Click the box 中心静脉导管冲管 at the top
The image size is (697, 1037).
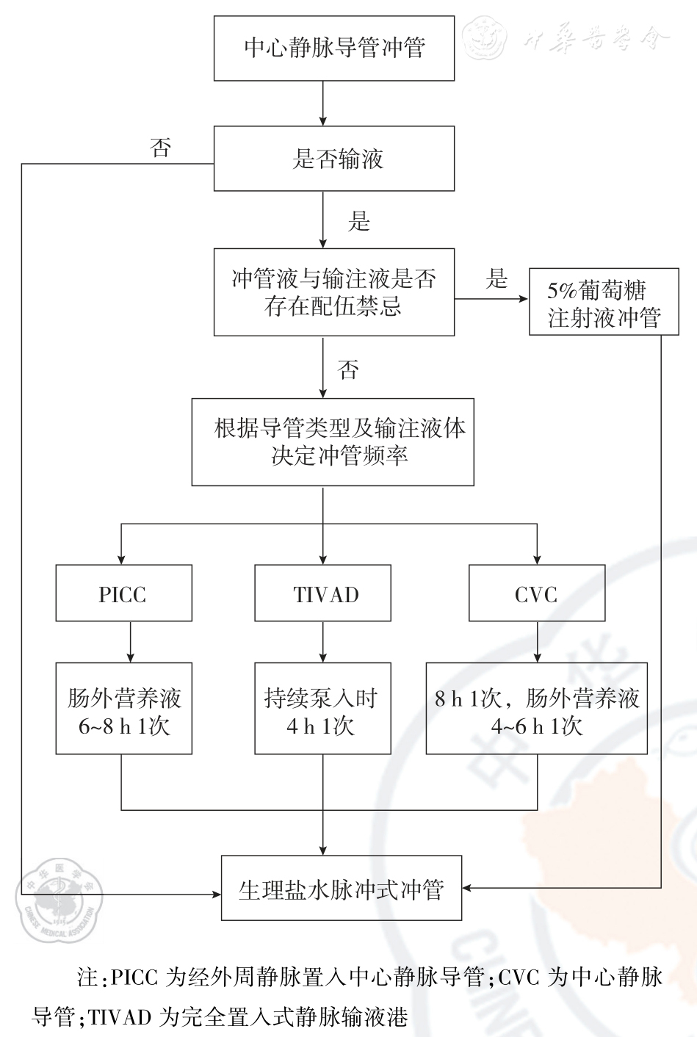[x=334, y=48]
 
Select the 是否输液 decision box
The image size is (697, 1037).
[x=334, y=159]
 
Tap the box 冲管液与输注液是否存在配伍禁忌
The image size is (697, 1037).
[x=334, y=292]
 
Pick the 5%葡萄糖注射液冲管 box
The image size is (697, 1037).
[x=604, y=303]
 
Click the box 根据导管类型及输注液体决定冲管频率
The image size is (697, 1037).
[x=333, y=442]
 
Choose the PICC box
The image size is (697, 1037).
[x=123, y=593]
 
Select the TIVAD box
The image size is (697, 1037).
[x=322, y=593]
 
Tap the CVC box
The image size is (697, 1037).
[x=537, y=593]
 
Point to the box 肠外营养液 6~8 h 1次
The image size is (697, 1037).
[x=123, y=709]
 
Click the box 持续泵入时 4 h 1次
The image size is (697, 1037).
[x=322, y=709]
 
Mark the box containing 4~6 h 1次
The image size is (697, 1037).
[x=537, y=709]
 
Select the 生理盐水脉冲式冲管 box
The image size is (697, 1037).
[x=342, y=888]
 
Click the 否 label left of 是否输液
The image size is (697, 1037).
[x=160, y=149]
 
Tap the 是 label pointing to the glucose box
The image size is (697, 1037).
[x=496, y=279]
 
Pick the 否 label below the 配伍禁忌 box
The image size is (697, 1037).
[x=348, y=369]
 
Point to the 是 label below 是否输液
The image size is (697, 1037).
[x=358, y=221]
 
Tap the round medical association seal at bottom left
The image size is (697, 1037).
[x=59, y=900]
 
